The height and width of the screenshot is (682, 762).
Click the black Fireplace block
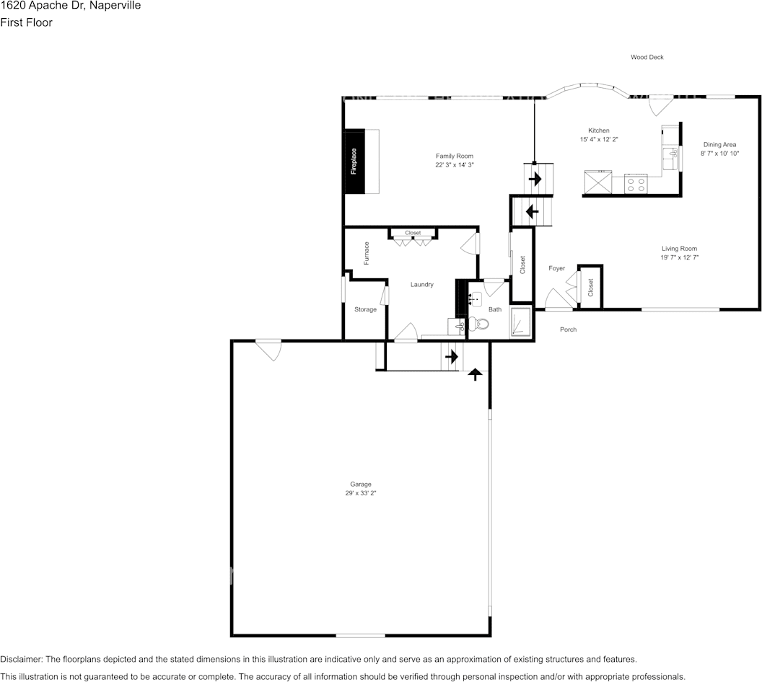(354, 161)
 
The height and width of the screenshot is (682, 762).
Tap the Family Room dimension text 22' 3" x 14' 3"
(454, 165)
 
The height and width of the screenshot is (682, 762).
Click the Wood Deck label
(647, 57)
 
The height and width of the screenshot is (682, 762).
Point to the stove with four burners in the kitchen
(636, 183)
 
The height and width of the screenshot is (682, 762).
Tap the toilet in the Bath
(480, 324)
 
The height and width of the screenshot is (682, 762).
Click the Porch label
(568, 329)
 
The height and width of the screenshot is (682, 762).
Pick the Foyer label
(556, 268)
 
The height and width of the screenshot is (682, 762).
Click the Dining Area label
(719, 144)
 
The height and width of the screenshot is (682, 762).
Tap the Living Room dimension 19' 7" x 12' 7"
(679, 257)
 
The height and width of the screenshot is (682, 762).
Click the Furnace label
(367, 253)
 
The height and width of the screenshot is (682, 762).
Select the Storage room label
(365, 309)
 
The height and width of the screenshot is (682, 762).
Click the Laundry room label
(422, 285)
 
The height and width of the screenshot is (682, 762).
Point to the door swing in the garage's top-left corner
(268, 349)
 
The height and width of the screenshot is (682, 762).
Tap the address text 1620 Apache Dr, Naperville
(70, 6)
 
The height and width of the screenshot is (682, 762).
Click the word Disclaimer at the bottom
(21, 660)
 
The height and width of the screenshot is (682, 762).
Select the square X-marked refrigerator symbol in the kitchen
(597, 182)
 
